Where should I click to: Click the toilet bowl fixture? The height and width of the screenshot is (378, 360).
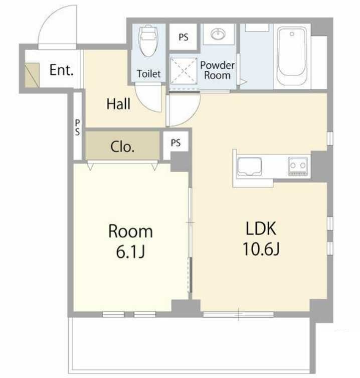point(148,41)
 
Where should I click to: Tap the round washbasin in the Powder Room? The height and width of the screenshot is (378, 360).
point(219,34)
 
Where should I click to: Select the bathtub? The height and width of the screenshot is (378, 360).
point(292,55)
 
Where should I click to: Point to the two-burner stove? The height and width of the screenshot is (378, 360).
point(298,166)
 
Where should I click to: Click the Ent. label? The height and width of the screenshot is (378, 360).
point(61,70)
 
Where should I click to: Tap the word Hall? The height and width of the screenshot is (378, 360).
point(118,104)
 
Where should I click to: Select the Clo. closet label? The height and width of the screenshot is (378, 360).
point(122,147)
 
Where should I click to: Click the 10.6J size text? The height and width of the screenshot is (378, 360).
point(261,249)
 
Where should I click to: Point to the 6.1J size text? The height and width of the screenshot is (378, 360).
point(130,252)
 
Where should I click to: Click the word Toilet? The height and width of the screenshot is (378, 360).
point(148,74)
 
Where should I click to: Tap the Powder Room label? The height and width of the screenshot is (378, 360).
point(217,70)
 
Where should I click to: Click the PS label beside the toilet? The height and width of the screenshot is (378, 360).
point(184,37)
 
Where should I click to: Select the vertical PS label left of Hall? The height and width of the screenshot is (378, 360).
point(77,128)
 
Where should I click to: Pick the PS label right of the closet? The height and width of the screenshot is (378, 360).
point(175,143)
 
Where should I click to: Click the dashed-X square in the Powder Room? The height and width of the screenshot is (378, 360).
point(183,71)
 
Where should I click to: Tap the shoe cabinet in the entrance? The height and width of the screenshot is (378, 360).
point(32,75)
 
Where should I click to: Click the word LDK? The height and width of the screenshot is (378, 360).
point(261,228)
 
